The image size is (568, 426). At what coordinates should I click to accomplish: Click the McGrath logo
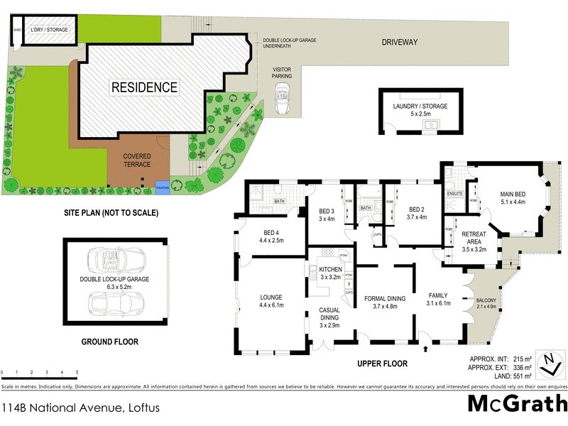[517, 403]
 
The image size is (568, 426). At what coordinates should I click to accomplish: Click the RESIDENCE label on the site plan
[143, 88]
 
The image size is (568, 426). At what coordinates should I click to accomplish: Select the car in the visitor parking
[282, 93]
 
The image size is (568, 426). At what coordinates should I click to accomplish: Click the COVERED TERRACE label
[137, 160]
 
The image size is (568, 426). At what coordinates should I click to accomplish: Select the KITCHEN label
[330, 273]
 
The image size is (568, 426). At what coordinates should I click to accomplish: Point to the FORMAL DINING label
[384, 302]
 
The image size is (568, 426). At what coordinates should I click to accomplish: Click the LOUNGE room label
[271, 301]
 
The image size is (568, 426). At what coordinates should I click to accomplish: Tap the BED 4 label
[271, 236]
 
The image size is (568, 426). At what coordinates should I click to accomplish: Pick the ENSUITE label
[454, 192]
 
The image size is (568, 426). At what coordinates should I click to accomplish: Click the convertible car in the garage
[116, 258]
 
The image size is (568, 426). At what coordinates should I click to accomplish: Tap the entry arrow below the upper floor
[425, 349]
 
